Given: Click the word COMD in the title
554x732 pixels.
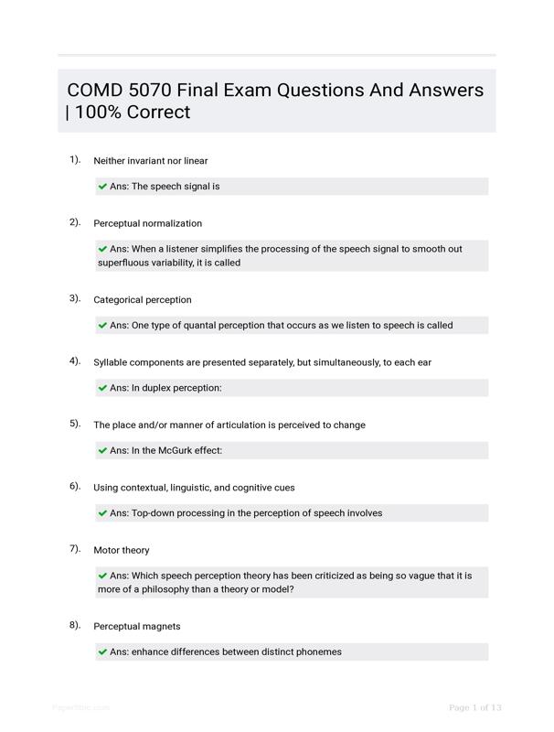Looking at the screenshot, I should [94, 91].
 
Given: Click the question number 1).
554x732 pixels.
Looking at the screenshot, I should [75, 159].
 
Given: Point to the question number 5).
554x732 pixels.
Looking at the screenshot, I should [75, 424].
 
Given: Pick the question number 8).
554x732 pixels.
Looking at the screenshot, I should [75, 625].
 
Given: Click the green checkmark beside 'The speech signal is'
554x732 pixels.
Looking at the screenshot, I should [102, 187].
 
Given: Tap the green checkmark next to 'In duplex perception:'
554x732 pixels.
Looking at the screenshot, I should [102, 388].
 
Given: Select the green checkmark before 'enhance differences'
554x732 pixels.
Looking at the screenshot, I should [102, 652].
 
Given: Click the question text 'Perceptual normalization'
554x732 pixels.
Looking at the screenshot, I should [147, 223].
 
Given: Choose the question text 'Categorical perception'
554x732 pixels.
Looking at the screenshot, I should [143, 300].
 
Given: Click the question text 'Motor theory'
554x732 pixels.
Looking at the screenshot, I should [122, 550].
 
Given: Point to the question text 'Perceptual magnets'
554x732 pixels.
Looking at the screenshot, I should [137, 627].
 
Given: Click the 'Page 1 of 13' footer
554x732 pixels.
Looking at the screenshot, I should [475, 707].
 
